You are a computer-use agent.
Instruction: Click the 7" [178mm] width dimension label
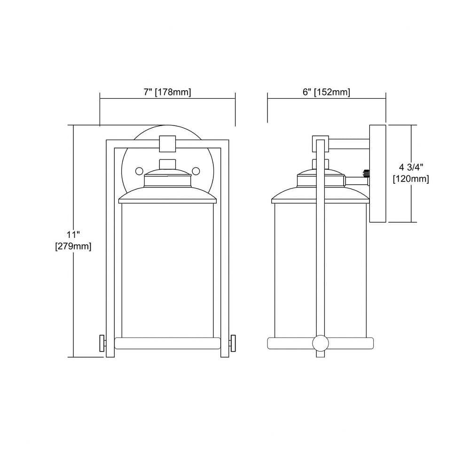pyautogui.click(x=167, y=92)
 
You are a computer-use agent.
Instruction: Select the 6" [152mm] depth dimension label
pyautogui.click(x=327, y=92)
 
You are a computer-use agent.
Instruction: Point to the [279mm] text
pyautogui.click(x=73, y=246)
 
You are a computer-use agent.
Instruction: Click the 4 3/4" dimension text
pyautogui.click(x=411, y=167)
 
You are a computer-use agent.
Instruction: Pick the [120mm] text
pyautogui.click(x=411, y=179)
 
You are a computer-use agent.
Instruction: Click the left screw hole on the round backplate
pyautogui.click(x=139, y=172)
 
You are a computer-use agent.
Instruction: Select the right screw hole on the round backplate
pyautogui.click(x=196, y=172)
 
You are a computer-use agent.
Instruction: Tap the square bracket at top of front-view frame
pyautogui.click(x=168, y=143)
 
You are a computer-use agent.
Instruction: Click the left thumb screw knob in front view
pyautogui.click(x=102, y=343)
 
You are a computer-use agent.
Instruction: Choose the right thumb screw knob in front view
pyautogui.click(x=233, y=343)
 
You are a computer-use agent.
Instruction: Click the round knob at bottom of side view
pyautogui.click(x=321, y=343)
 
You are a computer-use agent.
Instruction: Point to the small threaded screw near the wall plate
pyautogui.click(x=366, y=173)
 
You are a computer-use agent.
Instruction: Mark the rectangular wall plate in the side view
pyautogui.click(x=377, y=173)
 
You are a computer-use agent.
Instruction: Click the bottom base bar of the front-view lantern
pyautogui.click(x=168, y=343)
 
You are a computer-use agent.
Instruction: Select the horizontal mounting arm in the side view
pyautogui.click(x=349, y=144)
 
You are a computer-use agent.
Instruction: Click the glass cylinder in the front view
pyautogui.click(x=168, y=270)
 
